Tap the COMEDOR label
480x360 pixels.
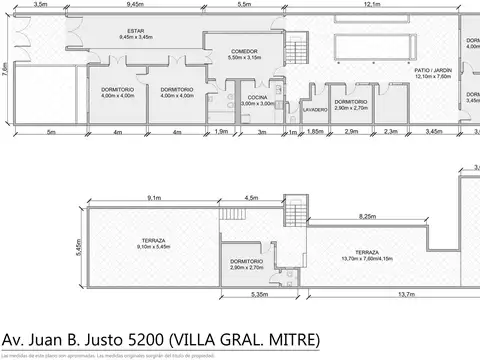(x=244, y=54)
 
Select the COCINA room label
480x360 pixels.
(x=258, y=98)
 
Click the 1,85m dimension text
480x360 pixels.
(x=314, y=132)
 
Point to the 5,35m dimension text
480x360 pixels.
(x=260, y=294)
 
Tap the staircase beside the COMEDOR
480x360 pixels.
(x=296, y=48)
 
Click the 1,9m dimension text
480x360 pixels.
(x=221, y=132)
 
